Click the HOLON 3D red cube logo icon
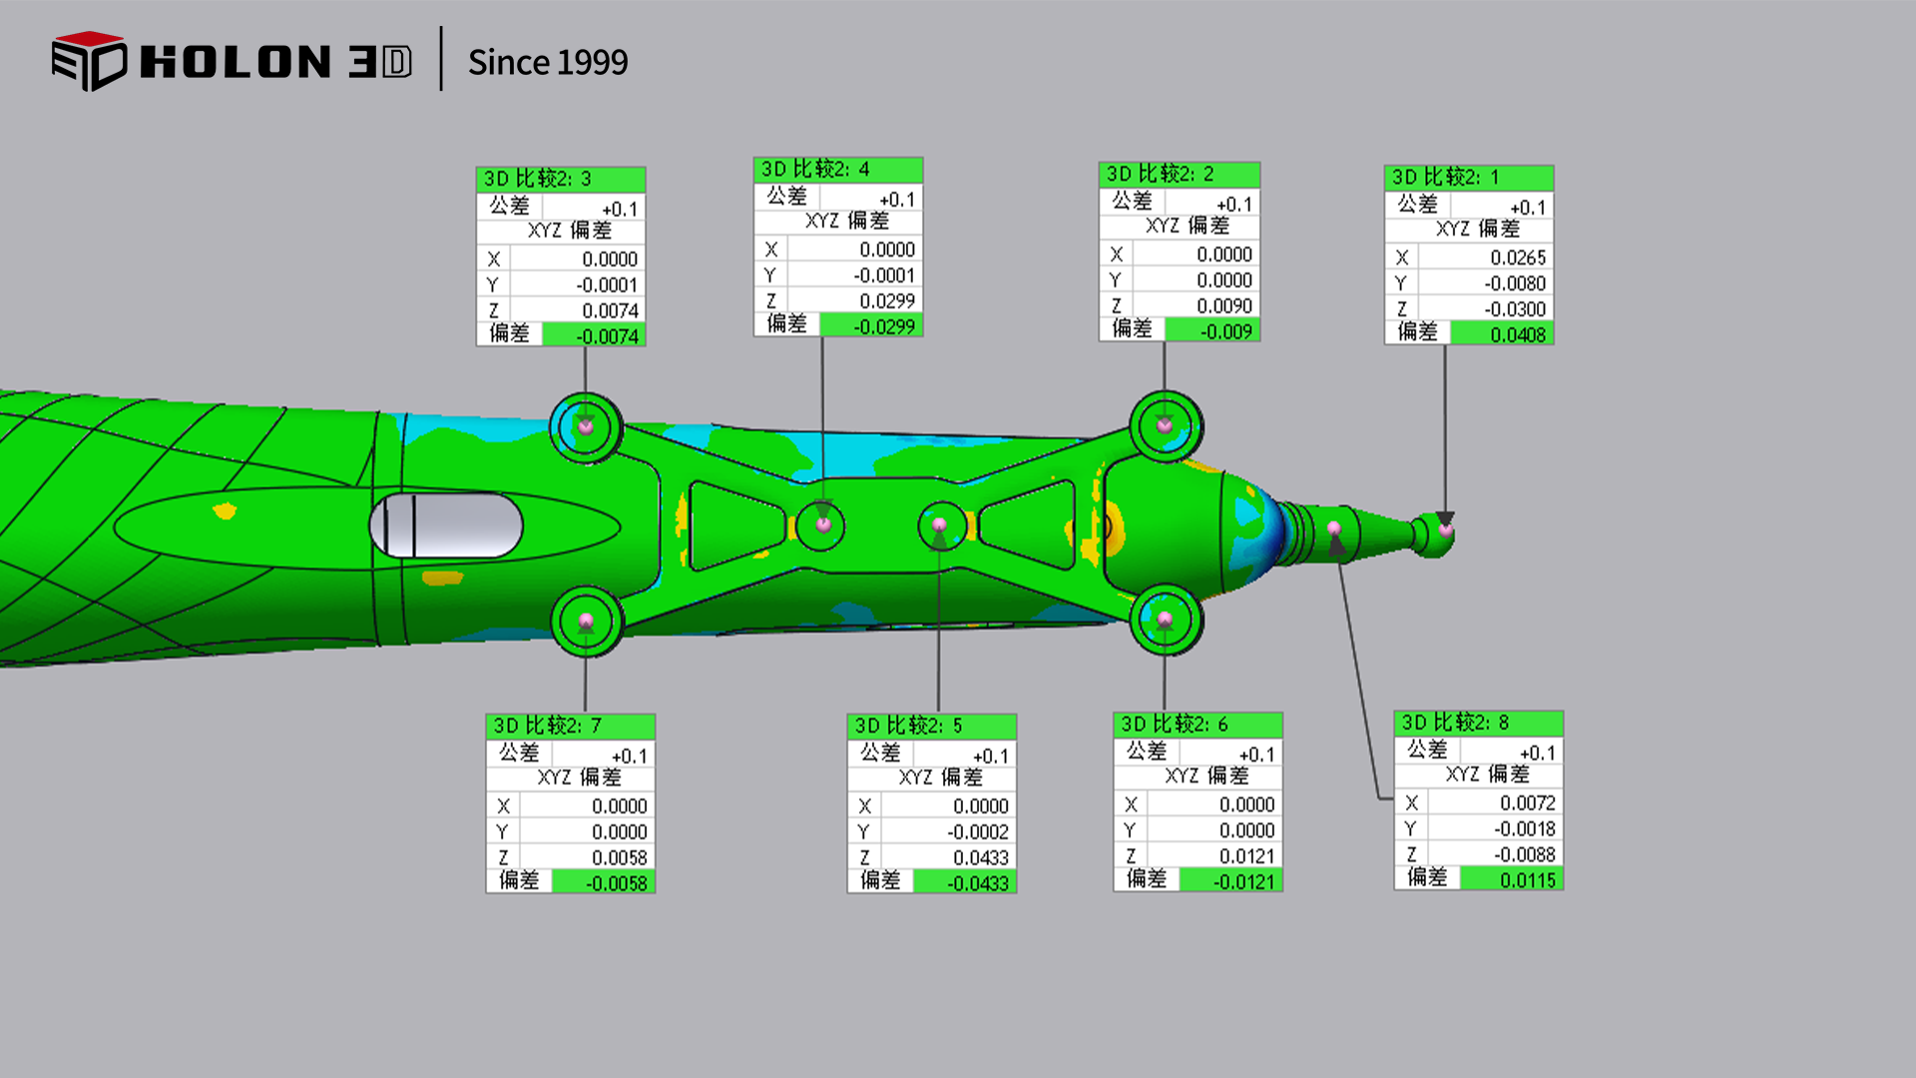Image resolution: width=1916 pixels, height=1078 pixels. coord(89,61)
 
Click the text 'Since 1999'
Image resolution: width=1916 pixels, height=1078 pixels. coord(548,62)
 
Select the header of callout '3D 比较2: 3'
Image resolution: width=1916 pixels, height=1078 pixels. coord(561,180)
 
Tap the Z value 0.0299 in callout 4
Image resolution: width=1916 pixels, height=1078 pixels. coord(887,300)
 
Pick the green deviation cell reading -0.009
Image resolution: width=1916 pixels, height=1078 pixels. coord(1211,330)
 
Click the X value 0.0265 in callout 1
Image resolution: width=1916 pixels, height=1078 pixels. coord(1518,258)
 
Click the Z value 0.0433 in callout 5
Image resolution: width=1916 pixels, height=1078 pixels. coord(980,857)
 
